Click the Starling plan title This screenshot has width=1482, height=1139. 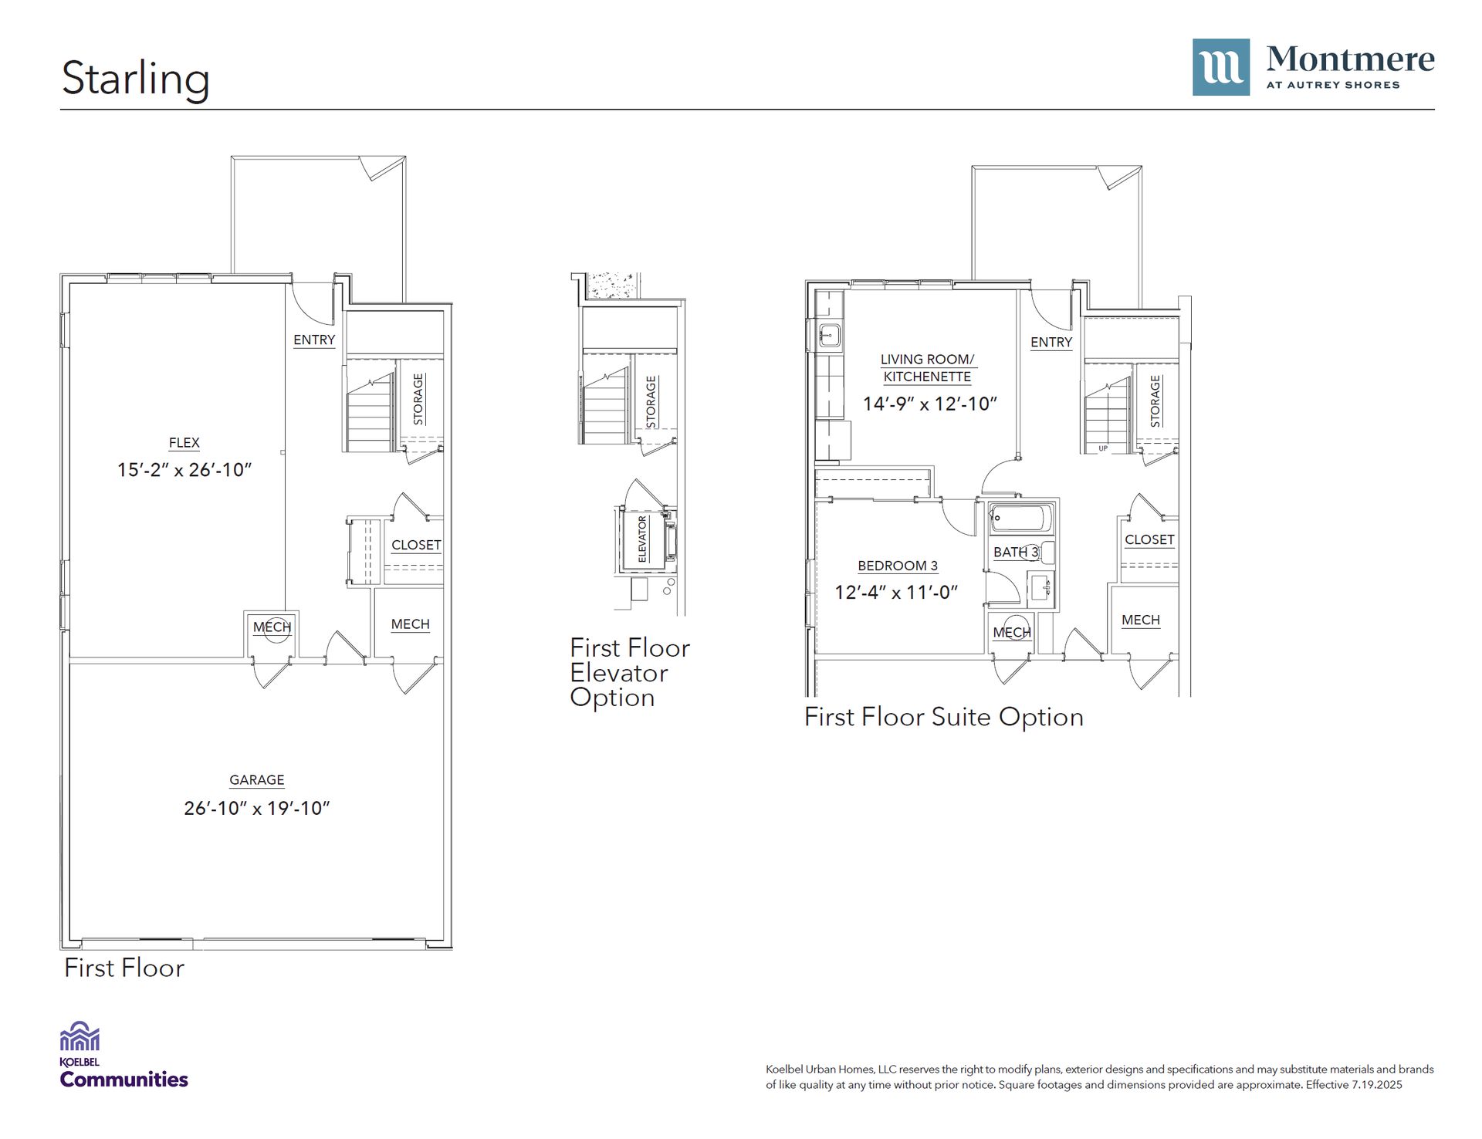[x=135, y=79]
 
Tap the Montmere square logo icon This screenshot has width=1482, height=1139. [x=1220, y=67]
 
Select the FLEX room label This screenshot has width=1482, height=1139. [x=184, y=443]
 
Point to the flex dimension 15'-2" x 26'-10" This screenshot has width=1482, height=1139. [x=184, y=470]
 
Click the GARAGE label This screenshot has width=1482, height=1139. [x=257, y=780]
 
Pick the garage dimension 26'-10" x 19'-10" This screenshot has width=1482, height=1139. [x=257, y=808]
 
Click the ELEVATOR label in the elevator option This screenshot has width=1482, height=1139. [x=642, y=539]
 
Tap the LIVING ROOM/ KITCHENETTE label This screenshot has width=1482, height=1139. [x=928, y=368]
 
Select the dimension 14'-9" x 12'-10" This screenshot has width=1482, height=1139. [x=930, y=404]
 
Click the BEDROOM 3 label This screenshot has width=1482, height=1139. [x=898, y=566]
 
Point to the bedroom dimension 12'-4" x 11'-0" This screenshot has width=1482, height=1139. [x=896, y=592]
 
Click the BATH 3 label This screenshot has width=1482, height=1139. [x=1016, y=553]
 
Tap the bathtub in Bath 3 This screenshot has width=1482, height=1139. [x=1021, y=519]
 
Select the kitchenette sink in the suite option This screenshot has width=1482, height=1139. [x=830, y=335]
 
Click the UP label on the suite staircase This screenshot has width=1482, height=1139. [x=1103, y=448]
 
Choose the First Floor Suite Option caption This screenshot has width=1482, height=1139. [x=944, y=717]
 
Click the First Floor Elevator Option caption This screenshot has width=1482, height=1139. [x=630, y=672]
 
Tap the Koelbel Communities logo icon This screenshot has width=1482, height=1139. [x=80, y=1036]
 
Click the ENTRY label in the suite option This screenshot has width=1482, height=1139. [x=1051, y=342]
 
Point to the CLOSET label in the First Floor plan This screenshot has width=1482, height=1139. [x=416, y=545]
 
